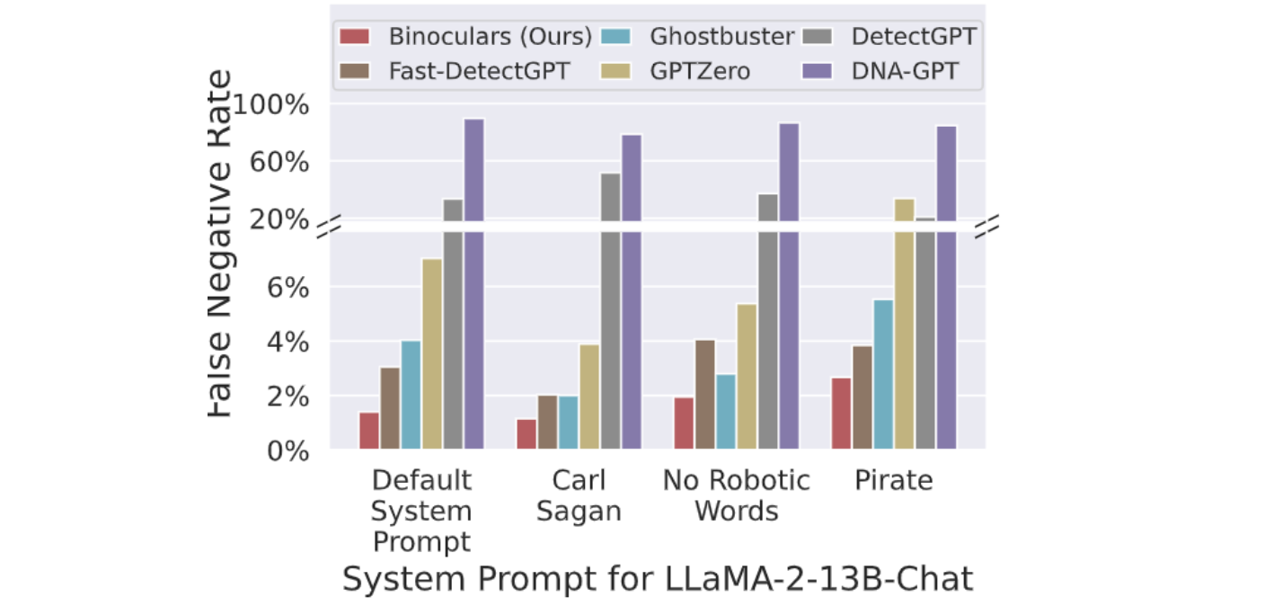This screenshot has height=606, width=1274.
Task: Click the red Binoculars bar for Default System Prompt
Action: [x=368, y=431]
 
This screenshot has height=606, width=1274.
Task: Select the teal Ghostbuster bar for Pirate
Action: [x=883, y=374]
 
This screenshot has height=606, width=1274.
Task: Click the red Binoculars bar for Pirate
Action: [x=841, y=413]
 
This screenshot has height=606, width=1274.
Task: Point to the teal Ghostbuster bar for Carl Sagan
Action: [x=568, y=422]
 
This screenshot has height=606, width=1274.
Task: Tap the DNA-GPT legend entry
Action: [x=895, y=70]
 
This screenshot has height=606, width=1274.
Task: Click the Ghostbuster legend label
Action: [x=722, y=37]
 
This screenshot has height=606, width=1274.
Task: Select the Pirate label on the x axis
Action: [x=893, y=481]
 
